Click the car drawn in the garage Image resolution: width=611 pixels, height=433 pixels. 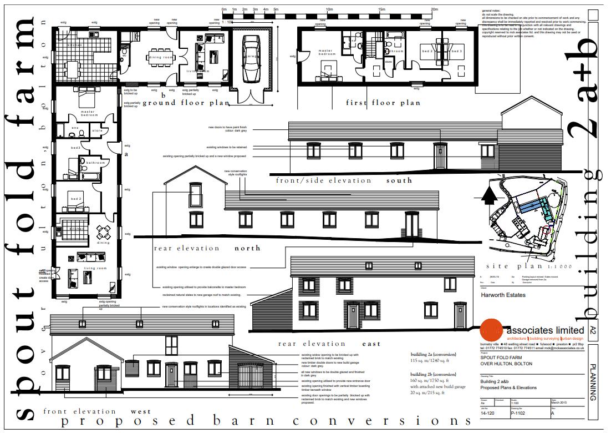pyautogui.click(x=252, y=58)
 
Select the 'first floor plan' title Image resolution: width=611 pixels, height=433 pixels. pyautogui.click(x=383, y=103)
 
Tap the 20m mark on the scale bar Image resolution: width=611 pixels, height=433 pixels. pyautogui.click(x=435, y=9)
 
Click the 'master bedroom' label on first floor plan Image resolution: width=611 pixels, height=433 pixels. pyautogui.click(x=326, y=53)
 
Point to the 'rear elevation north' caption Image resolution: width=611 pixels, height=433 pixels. pyautogui.click(x=207, y=248)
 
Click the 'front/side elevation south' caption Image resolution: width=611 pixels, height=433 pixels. pyautogui.click(x=344, y=180)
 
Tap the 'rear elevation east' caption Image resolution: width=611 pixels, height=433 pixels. pyautogui.click(x=329, y=344)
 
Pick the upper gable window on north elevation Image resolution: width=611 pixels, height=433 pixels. pyautogui.click(x=196, y=195)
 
